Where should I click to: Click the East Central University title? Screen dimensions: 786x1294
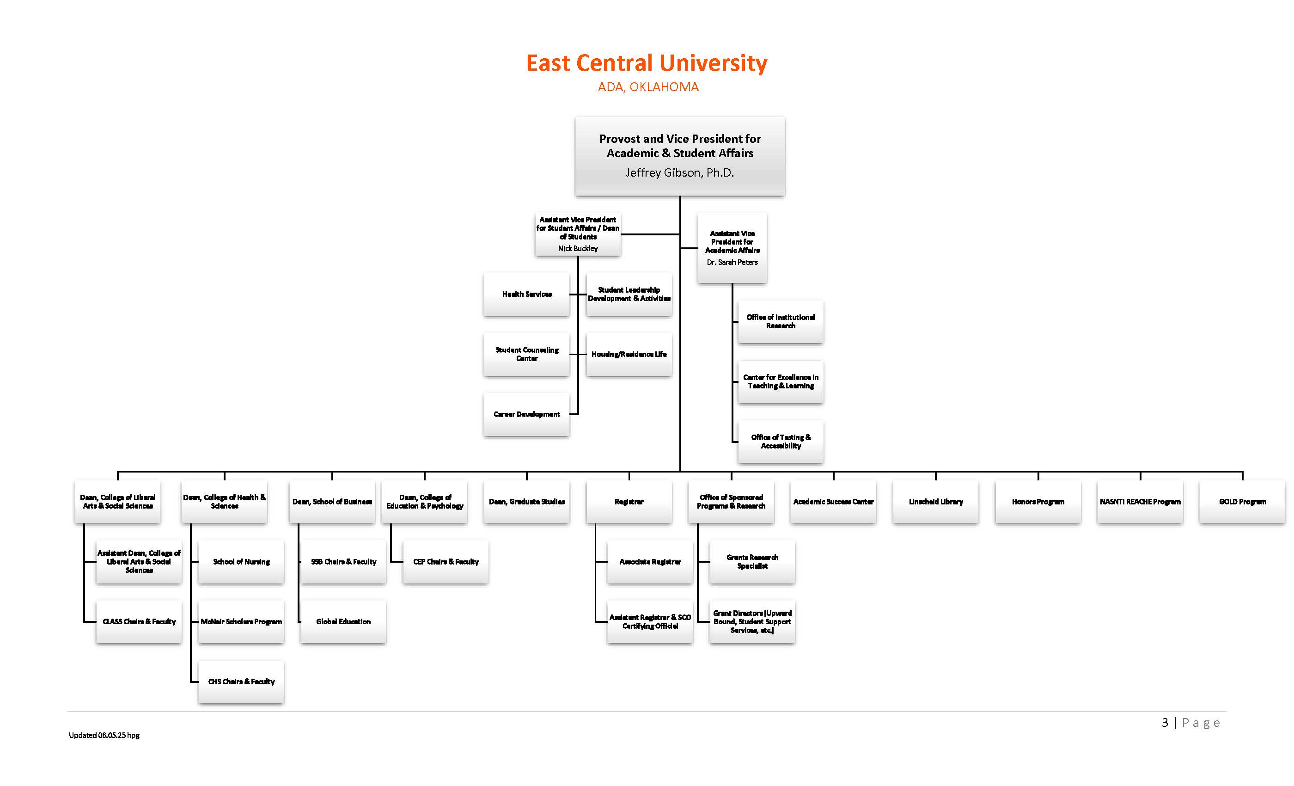pos(647,63)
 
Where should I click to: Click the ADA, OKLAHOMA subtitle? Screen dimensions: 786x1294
pos(648,87)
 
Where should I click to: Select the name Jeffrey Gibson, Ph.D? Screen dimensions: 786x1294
pos(679,173)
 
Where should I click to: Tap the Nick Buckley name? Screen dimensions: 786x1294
pos(578,249)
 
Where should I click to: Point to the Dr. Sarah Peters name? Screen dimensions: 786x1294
pos(732,262)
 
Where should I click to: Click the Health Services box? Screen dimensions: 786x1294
pos(527,294)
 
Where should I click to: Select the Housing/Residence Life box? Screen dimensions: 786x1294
pos(629,355)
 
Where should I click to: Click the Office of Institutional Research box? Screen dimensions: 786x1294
pos(781,321)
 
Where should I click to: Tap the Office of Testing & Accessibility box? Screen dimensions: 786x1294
pos(781,442)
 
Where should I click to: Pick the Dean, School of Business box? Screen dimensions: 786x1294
pos(332,502)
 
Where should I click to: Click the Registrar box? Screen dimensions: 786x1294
pos(629,502)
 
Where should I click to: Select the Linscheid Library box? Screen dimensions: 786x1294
pos(935,502)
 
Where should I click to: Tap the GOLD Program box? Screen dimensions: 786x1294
pos(1242,502)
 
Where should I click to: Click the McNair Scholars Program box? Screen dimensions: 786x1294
pos(241,621)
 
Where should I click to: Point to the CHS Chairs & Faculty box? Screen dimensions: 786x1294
pos(241,682)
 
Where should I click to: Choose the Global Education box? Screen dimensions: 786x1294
pos(343,621)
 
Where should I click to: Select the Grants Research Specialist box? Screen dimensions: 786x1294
pos(752,562)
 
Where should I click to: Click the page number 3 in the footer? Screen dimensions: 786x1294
pos(1165,723)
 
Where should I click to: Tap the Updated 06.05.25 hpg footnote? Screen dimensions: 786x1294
pos(104,736)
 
